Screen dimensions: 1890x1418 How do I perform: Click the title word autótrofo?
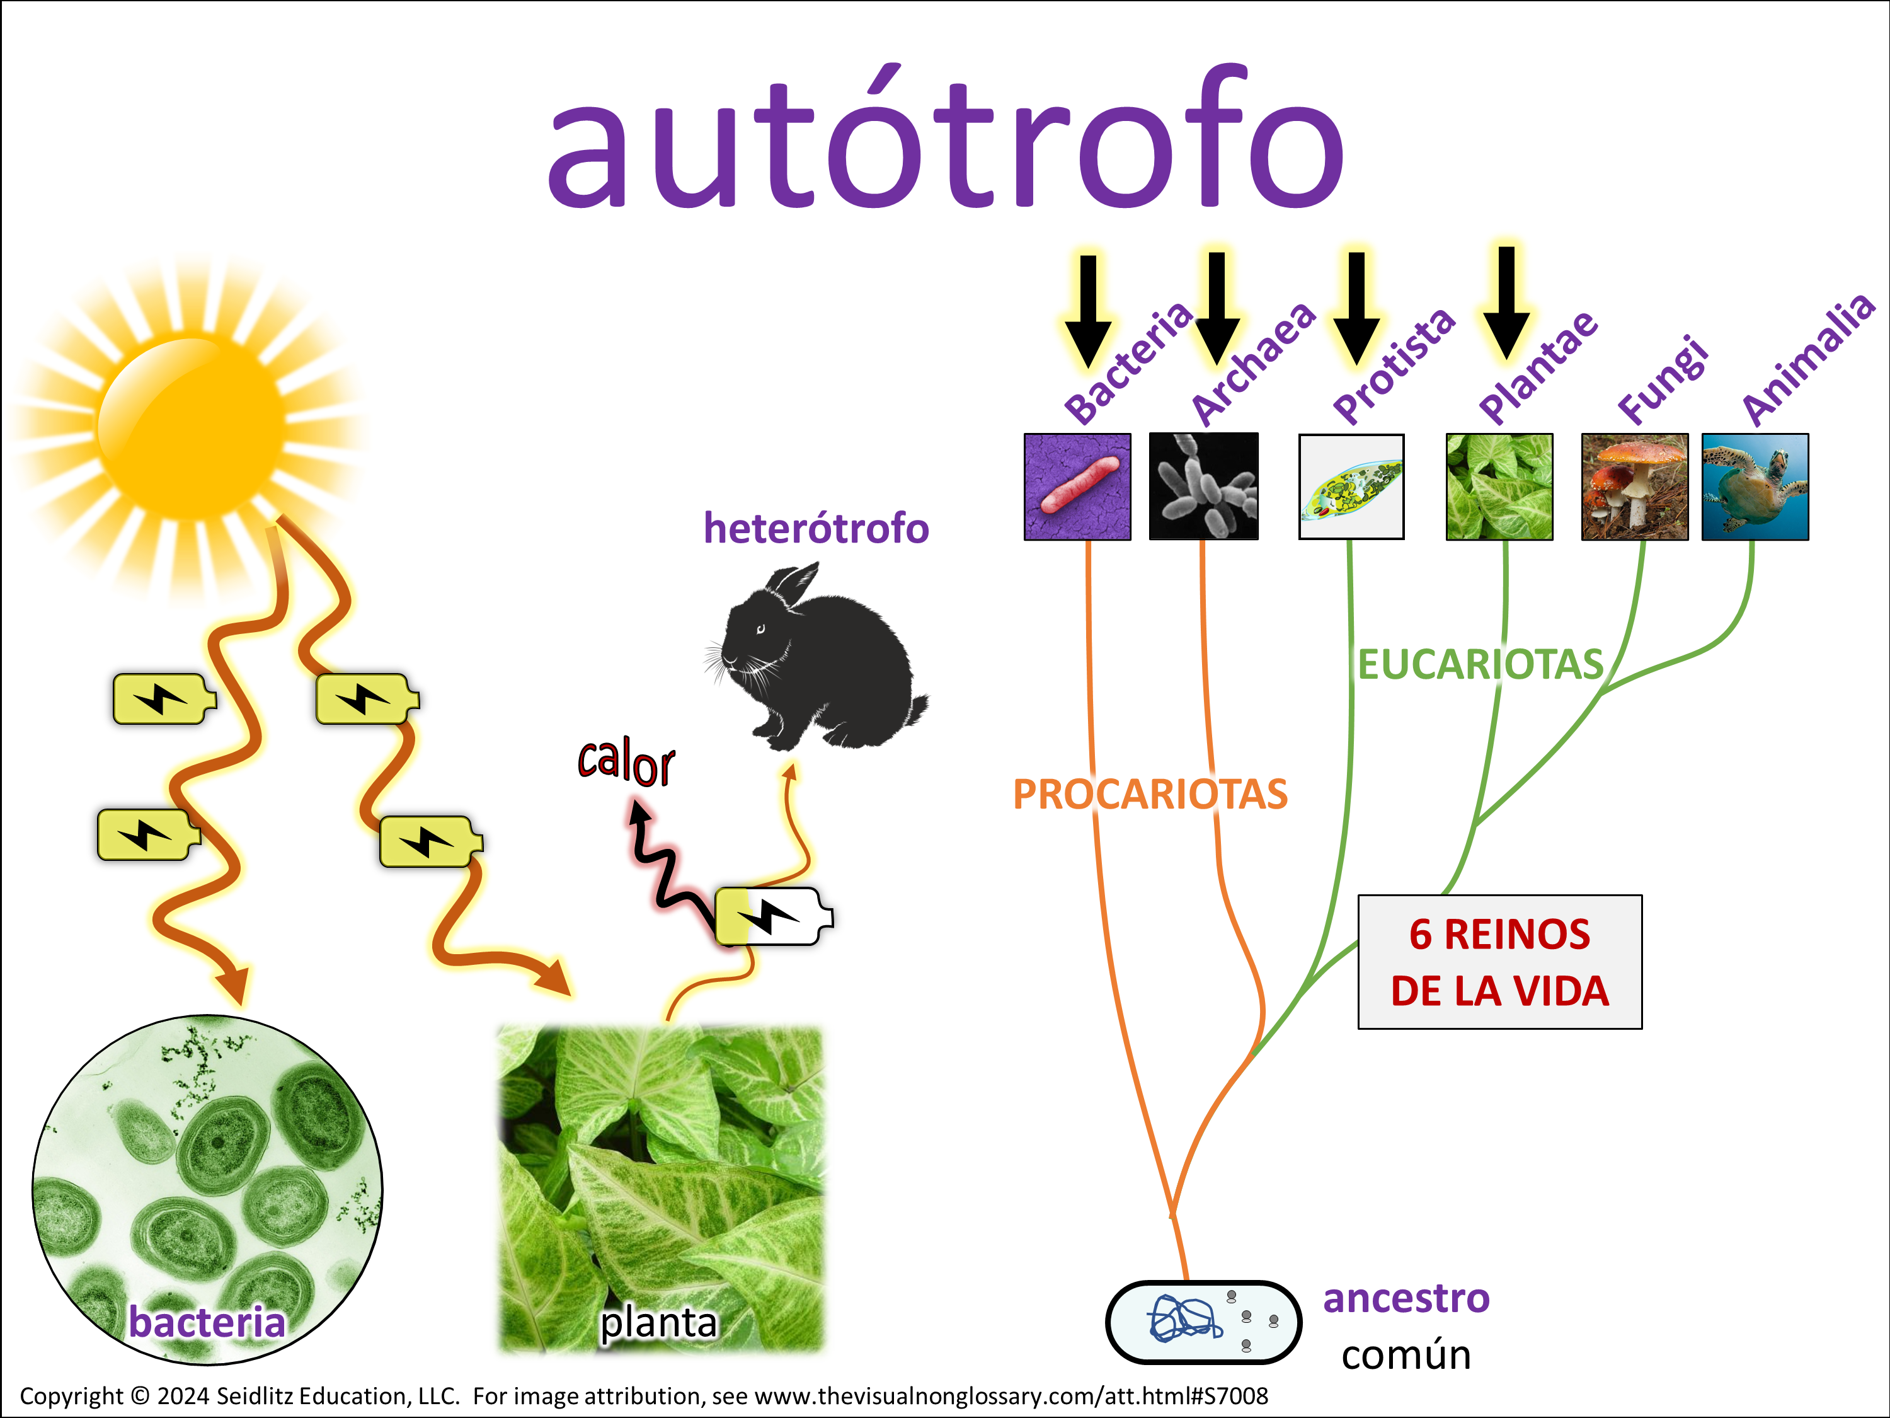(946, 137)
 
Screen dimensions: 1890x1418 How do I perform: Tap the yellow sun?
(190, 425)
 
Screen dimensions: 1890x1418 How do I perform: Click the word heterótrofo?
(816, 528)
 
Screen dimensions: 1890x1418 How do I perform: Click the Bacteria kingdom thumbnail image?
(1077, 487)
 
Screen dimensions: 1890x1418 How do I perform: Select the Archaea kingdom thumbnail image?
(1203, 487)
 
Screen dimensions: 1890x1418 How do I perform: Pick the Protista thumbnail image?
(1351, 487)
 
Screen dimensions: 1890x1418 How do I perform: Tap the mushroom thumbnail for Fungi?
(1634, 487)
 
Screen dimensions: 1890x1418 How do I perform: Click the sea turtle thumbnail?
(1755, 487)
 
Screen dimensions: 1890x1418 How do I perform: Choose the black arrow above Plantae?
(1506, 303)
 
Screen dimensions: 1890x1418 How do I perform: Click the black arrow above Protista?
(1356, 308)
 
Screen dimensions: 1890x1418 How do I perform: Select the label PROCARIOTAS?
(1150, 794)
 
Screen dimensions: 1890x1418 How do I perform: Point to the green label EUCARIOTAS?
(1480, 665)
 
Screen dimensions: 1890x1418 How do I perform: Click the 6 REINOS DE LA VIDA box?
(1499, 962)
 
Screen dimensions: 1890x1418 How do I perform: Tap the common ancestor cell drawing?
(1203, 1322)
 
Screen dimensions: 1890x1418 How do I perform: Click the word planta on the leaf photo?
(658, 1322)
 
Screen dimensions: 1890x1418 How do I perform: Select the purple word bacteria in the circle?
(207, 1322)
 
